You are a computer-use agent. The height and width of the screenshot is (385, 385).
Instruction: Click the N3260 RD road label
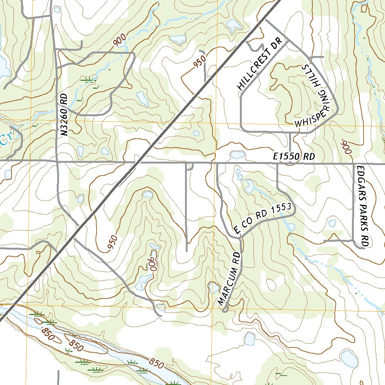pyautogui.click(x=64, y=115)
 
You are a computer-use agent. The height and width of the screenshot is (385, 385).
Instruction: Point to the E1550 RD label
pyautogui.click(x=294, y=157)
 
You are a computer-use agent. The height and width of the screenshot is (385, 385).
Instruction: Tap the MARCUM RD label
pyautogui.click(x=229, y=278)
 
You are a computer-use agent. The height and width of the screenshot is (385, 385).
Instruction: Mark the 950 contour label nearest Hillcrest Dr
pyautogui.click(x=200, y=62)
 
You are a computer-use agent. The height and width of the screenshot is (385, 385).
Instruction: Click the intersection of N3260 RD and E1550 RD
pyautogui.click(x=57, y=161)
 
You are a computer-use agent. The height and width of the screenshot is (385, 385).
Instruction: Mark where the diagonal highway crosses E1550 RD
pyautogui.click(x=137, y=162)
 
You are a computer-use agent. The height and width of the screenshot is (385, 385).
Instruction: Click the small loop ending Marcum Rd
pyautogui.click(x=225, y=310)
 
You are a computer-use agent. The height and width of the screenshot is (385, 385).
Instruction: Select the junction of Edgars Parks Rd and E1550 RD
pyautogui.click(x=354, y=164)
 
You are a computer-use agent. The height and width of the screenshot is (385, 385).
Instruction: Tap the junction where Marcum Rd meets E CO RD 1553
pyautogui.click(x=239, y=237)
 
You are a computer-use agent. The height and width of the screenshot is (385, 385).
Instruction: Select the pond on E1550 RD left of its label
pyautogui.click(x=237, y=155)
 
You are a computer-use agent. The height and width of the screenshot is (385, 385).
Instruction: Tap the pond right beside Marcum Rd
pyautogui.click(x=214, y=288)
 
